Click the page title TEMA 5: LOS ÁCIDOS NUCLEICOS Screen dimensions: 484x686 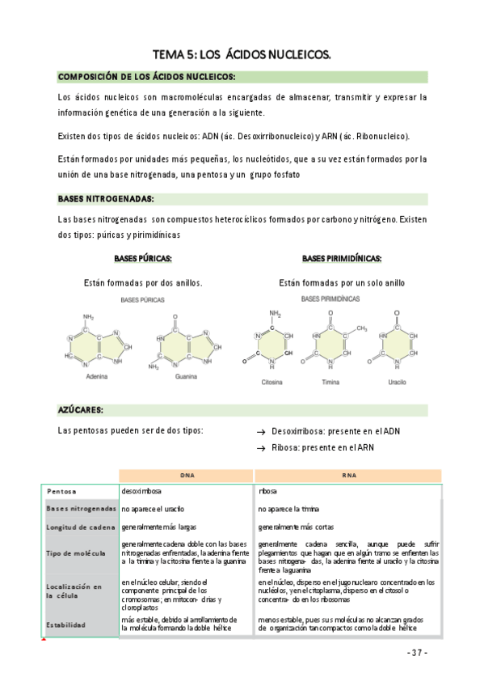pyautogui.click(x=242, y=54)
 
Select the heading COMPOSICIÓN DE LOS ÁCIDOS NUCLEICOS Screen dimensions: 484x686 pyautogui.click(x=146, y=77)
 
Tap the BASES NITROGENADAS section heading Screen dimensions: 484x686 pyautogui.click(x=106, y=199)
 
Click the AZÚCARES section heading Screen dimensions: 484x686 pyautogui.click(x=80, y=409)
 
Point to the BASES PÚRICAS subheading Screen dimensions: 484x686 pyautogui.click(x=142, y=259)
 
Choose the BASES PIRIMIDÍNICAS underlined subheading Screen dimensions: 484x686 pyautogui.click(x=342, y=259)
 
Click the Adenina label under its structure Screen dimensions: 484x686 pyautogui.click(x=97, y=377)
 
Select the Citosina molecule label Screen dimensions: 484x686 pyautogui.click(x=271, y=382)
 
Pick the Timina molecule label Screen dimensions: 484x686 pyautogui.click(x=330, y=382)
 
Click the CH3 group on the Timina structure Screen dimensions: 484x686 pyautogui.click(x=361, y=328)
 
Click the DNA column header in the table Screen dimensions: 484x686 pyautogui.click(x=187, y=475)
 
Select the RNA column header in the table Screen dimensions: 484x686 pyautogui.click(x=349, y=475)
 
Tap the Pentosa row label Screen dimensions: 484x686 pyautogui.click(x=62, y=491)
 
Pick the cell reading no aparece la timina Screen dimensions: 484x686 pyautogui.click(x=289, y=509)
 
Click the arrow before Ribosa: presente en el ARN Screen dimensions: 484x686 pyautogui.click(x=261, y=447)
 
